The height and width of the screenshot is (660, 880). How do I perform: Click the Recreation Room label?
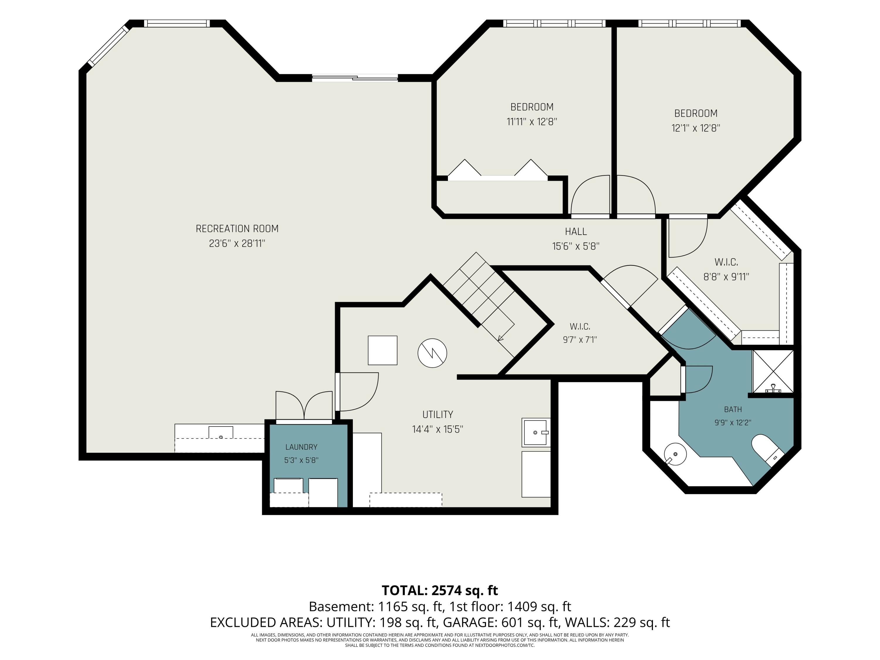pyautogui.click(x=237, y=229)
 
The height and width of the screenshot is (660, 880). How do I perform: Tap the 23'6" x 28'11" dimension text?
pyautogui.click(x=237, y=243)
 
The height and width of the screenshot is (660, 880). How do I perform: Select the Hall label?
pyautogui.click(x=576, y=231)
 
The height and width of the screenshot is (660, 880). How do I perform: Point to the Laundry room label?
pyautogui.click(x=301, y=447)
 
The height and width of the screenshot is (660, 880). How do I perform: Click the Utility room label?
pyautogui.click(x=438, y=414)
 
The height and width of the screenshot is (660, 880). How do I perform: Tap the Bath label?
pyautogui.click(x=733, y=409)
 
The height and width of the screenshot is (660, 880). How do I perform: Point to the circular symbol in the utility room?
pyautogui.click(x=432, y=353)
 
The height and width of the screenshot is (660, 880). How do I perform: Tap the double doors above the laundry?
pyautogui.click(x=304, y=406)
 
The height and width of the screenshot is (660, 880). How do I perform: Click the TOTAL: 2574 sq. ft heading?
pyautogui.click(x=440, y=590)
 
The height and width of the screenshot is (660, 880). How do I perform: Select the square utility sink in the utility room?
pyautogui.click(x=536, y=432)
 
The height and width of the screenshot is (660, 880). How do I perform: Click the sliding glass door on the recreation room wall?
pyautogui.click(x=355, y=78)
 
